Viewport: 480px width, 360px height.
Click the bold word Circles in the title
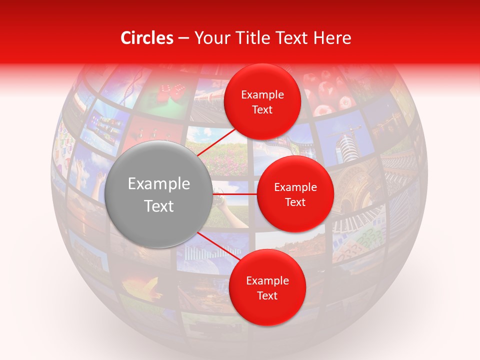(146, 38)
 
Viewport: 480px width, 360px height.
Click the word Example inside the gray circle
(159, 184)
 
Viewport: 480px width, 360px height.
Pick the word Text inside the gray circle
(159, 206)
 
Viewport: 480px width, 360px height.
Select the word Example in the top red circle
(262, 95)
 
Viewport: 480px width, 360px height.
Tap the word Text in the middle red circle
(295, 202)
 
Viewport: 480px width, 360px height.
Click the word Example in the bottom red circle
(267, 281)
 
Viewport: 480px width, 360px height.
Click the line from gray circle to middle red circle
(235, 193)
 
